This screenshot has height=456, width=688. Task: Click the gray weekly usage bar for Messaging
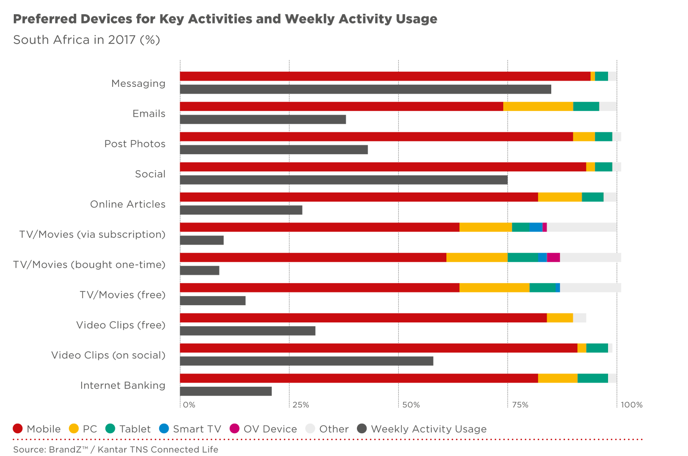[365, 89]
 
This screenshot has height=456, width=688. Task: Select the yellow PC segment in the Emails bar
[538, 107]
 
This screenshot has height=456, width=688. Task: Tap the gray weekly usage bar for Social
[344, 180]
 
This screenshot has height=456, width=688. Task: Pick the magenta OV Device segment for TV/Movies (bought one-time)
[553, 257]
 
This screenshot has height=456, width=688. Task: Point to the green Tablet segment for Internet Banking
[593, 379]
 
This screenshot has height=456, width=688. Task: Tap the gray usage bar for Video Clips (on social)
[307, 361]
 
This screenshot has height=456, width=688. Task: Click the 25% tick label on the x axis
[301, 405]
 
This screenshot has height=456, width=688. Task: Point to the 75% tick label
[520, 405]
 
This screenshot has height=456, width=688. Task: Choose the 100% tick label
[632, 405]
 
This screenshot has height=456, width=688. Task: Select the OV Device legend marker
[234, 429]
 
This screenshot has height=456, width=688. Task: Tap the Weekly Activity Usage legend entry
[428, 429]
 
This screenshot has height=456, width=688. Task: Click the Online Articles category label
[128, 205]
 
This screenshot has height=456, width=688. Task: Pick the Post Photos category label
[135, 144]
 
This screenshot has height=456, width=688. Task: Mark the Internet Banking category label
[123, 386]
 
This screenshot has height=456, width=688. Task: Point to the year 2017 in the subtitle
[122, 40]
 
